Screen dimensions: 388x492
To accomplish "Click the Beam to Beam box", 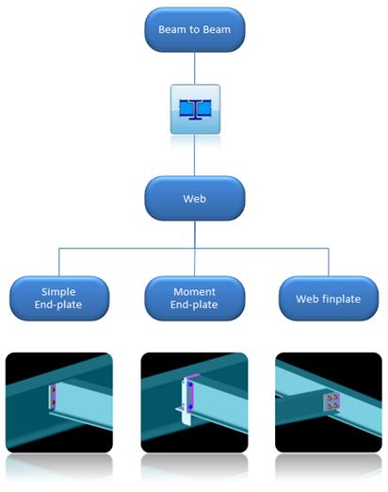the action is coord(194,29).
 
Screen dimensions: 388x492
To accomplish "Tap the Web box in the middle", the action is coord(194,198).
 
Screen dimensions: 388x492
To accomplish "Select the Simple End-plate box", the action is coord(59,298).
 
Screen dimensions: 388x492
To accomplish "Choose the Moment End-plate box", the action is coord(194,298).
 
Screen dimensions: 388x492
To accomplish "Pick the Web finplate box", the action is coord(329,298).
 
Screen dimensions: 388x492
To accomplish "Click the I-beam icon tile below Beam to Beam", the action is coord(195,109).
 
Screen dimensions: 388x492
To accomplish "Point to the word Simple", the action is coord(58,292).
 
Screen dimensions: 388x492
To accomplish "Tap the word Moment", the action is coord(194,292).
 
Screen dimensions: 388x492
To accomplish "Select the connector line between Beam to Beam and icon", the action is coord(194,68).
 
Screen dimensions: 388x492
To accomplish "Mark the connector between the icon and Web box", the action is coord(194,156).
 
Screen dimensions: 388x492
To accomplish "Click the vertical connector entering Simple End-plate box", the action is coord(59,262).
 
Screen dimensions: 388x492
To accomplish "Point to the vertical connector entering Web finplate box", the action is coord(329,262).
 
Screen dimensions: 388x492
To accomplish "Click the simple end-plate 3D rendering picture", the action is coord(59,402).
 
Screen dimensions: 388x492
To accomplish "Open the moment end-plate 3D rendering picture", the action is coord(194,402).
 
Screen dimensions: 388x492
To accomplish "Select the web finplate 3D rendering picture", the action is coord(329,402).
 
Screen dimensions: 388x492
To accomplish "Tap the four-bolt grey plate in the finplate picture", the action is coord(331,402).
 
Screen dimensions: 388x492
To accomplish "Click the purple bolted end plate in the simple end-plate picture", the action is coord(53,396).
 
